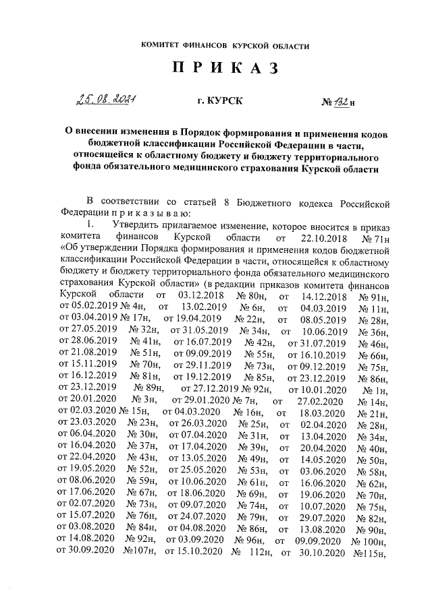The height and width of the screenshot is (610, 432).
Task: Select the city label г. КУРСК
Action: [217, 103]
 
